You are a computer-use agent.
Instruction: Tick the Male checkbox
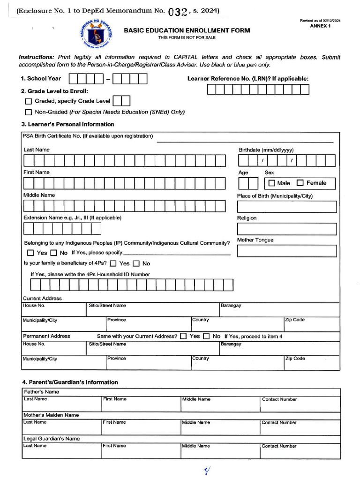pos(272,183)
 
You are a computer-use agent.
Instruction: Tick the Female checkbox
pos(300,183)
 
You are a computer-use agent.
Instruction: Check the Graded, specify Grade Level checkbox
pos(29,101)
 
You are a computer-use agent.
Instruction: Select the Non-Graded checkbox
pos(29,112)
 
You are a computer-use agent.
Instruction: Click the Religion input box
pos(286,229)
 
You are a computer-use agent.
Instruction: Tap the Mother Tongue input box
pos(286,251)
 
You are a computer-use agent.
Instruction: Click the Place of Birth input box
pos(286,207)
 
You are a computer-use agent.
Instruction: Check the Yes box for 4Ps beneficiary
pos(113,264)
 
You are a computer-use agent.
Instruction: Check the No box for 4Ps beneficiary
pos(136,264)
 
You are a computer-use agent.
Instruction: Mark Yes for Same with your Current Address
pos(183,336)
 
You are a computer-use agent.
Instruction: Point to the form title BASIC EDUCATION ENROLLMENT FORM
pos(187,30)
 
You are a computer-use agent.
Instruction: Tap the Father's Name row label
pos(41,392)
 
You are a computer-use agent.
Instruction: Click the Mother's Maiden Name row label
pos(51,415)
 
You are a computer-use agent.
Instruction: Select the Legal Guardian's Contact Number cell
pos(300,451)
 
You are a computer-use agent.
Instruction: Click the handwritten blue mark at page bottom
pos(207,470)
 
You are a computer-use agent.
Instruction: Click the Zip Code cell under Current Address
pos(311,324)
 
